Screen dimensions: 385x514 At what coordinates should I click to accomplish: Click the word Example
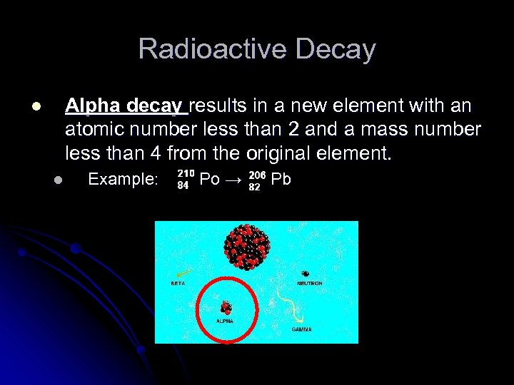tap(122, 180)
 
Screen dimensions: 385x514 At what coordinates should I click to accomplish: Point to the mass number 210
tap(186, 173)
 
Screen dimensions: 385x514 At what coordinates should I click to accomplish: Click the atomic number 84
tap(183, 187)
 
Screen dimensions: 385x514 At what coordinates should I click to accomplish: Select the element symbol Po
tap(209, 180)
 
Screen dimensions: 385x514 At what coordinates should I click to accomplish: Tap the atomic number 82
tap(254, 187)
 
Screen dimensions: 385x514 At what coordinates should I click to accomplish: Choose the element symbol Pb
tap(281, 180)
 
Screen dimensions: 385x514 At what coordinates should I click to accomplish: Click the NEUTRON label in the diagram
tap(309, 283)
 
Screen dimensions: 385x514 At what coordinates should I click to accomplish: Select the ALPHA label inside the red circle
tap(225, 321)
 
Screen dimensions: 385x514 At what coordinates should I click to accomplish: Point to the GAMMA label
tap(301, 329)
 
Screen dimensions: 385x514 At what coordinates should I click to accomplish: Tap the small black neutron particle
tap(306, 273)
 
